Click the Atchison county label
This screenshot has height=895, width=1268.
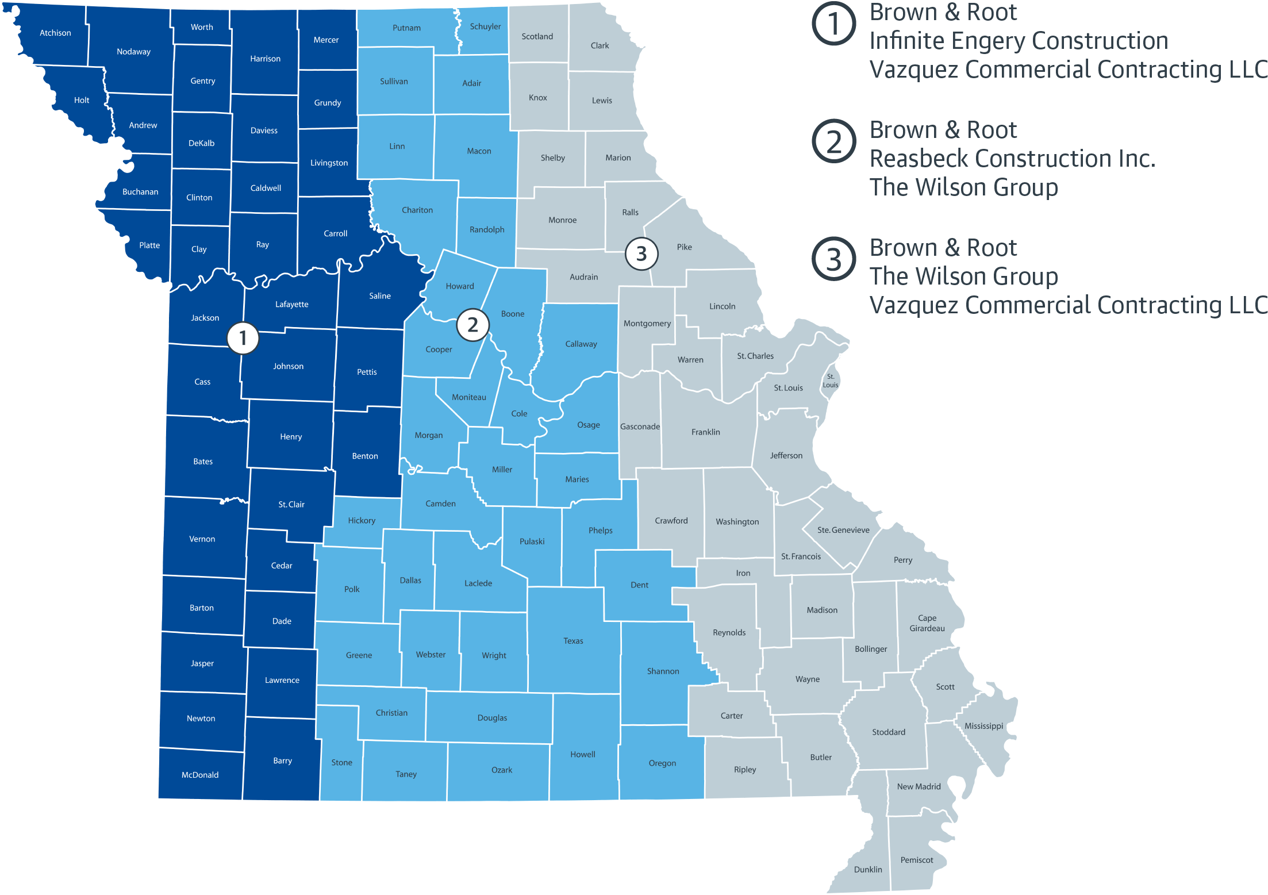(x=55, y=33)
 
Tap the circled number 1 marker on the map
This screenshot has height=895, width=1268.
(x=243, y=338)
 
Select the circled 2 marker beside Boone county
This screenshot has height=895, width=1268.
(x=472, y=325)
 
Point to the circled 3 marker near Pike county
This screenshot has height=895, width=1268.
(x=641, y=253)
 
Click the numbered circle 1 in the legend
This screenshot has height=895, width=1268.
(x=833, y=24)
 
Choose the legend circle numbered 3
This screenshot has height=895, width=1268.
(x=833, y=259)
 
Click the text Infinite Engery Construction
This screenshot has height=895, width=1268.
(x=1019, y=41)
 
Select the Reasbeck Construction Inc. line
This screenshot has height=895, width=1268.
(x=1012, y=159)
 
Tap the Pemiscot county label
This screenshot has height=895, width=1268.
(x=916, y=860)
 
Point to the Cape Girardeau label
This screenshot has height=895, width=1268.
(x=927, y=623)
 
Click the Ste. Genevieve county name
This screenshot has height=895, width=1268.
(x=843, y=530)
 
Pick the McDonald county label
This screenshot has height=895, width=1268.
(x=200, y=775)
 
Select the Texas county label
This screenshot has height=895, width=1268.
(x=573, y=641)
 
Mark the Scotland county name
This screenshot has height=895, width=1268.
(x=537, y=36)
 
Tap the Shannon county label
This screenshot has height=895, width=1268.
(x=663, y=671)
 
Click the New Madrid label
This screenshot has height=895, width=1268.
(x=919, y=786)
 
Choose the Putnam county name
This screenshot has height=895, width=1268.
(x=406, y=28)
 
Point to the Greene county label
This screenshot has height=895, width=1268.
(x=359, y=655)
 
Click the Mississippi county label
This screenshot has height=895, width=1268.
(x=983, y=726)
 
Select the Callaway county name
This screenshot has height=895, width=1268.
(x=581, y=344)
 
